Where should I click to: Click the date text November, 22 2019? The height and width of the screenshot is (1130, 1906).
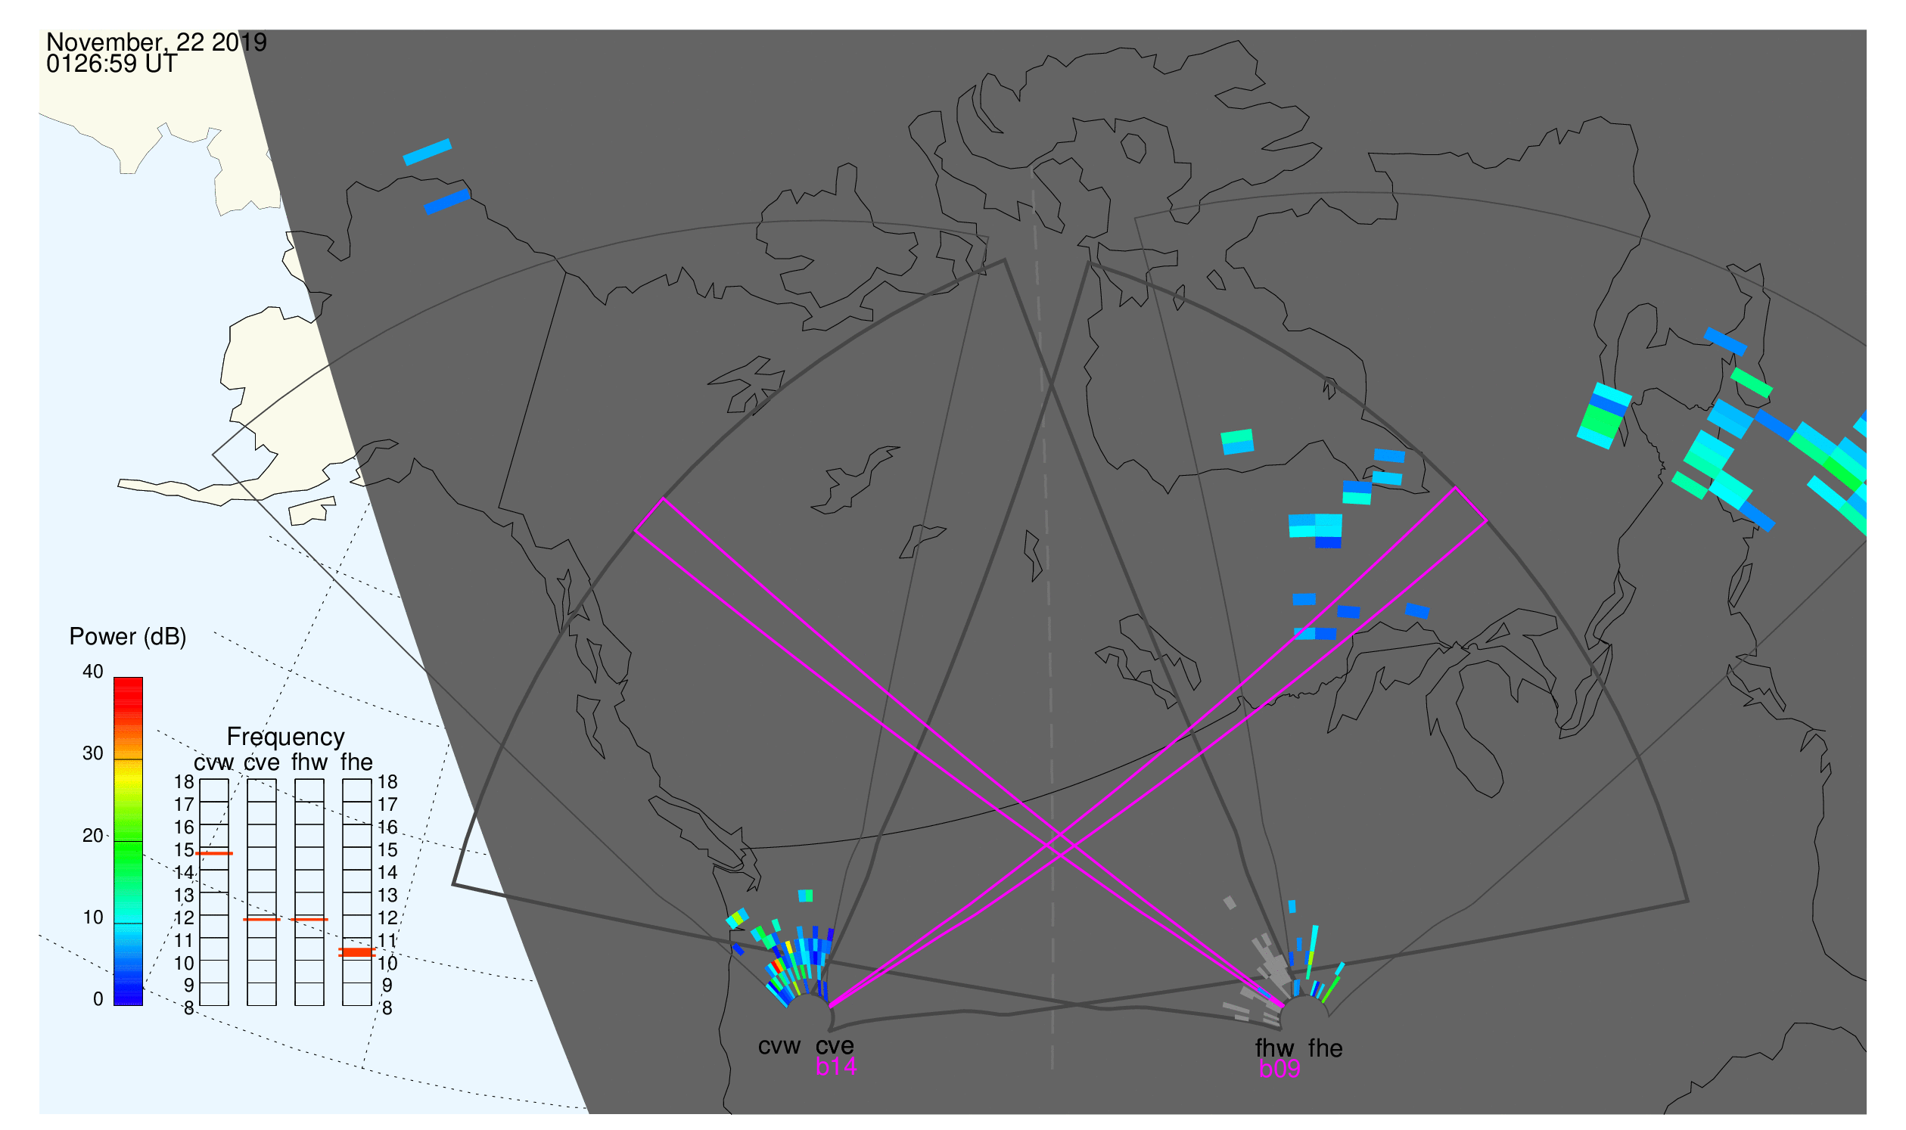point(157,42)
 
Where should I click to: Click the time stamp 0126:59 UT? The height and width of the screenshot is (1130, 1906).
point(112,64)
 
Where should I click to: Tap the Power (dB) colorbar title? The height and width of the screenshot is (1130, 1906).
point(128,637)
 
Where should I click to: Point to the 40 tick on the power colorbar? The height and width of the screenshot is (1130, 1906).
point(93,672)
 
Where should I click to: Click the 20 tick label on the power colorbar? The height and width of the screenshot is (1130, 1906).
point(93,836)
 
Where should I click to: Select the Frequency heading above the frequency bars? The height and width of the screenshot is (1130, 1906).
point(286,737)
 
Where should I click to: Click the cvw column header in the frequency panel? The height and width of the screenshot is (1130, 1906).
point(214,763)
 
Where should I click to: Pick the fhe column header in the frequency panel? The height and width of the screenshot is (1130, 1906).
point(356,762)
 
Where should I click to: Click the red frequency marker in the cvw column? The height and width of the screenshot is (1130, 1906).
point(214,854)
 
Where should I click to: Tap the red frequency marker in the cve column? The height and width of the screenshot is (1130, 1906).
point(261,920)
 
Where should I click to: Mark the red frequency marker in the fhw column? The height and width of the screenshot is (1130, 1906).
point(309,920)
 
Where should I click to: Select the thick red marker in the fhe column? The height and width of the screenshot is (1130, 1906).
point(356,952)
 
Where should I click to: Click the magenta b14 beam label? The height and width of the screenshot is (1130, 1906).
point(835,1067)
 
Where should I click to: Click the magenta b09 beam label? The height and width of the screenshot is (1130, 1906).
point(1279,1069)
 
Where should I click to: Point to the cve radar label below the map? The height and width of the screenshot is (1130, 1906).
point(835,1046)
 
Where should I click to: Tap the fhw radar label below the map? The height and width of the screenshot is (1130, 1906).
point(1274,1048)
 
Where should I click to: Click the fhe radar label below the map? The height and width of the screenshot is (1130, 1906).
point(1326,1048)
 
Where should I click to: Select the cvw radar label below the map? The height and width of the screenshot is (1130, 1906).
point(779,1046)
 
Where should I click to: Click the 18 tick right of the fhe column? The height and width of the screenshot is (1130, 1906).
point(387,782)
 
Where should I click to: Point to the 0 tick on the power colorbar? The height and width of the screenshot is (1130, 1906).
point(98,1000)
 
